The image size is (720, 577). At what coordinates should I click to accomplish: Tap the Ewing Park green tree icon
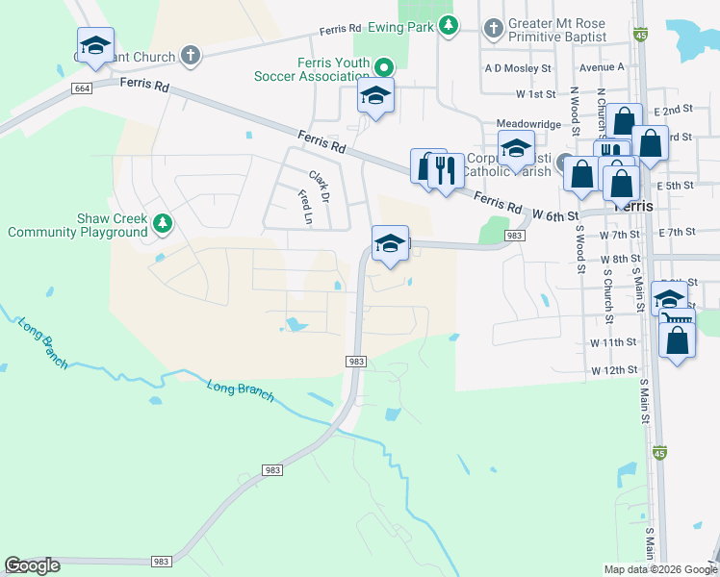(x=448, y=26)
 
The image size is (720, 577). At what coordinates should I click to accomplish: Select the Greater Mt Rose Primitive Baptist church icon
(x=494, y=27)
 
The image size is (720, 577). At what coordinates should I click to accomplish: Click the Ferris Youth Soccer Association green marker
(x=384, y=67)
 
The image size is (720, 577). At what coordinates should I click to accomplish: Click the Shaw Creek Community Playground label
(x=77, y=225)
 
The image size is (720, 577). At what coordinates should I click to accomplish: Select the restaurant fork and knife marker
(x=444, y=170)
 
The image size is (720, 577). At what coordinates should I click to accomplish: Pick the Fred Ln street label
(x=305, y=206)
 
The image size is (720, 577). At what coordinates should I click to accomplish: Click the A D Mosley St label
(x=518, y=68)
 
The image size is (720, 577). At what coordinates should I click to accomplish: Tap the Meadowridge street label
(x=527, y=124)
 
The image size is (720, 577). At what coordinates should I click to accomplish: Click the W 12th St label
(x=614, y=369)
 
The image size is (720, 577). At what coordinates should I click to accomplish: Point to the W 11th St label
(x=614, y=342)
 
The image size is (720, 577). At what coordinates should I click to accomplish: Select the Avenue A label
(x=602, y=67)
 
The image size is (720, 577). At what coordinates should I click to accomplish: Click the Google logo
(x=33, y=565)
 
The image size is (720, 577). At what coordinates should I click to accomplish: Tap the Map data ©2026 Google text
(x=658, y=569)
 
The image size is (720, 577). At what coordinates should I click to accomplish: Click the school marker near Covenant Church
(x=95, y=45)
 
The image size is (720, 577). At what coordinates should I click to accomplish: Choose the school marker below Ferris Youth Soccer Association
(x=375, y=96)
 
